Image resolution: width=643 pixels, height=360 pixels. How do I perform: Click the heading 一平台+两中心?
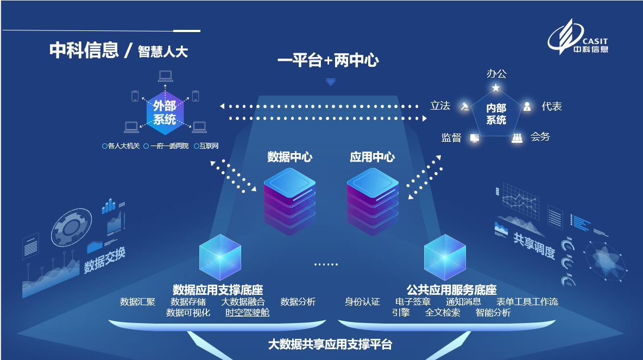328,60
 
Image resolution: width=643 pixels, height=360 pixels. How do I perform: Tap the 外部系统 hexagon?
165,113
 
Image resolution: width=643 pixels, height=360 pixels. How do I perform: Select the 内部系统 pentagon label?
496,114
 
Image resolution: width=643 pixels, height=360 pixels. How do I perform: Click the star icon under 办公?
495,87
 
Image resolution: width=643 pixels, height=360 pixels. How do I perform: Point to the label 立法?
440,106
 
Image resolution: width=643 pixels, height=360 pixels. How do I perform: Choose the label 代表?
551,106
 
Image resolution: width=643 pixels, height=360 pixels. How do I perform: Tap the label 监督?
451,138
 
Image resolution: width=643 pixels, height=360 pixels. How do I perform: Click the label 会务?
540,137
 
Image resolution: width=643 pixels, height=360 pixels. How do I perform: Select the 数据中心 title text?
290,157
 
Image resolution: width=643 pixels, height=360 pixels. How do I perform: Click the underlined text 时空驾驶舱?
247,312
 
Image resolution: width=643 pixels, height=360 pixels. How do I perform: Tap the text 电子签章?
413,302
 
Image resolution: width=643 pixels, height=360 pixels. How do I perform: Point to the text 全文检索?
443,313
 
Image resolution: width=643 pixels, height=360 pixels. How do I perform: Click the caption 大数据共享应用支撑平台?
330,344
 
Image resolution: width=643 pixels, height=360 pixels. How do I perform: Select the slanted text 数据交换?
105,260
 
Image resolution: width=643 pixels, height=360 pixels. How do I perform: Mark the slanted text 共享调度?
534,246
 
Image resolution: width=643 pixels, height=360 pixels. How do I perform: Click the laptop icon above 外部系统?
165,77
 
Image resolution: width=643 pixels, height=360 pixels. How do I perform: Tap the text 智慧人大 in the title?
163,52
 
